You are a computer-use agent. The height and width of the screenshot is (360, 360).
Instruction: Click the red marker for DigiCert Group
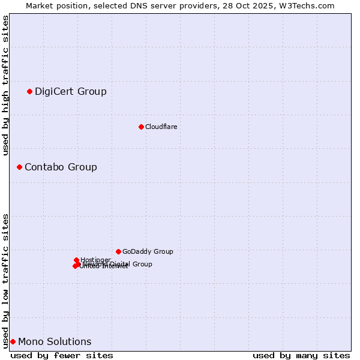[x=29, y=91]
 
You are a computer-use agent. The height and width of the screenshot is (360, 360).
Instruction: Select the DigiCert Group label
[x=70, y=92]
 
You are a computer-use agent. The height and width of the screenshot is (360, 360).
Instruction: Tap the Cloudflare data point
[x=141, y=127]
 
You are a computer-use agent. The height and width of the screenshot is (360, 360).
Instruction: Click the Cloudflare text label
[x=161, y=127]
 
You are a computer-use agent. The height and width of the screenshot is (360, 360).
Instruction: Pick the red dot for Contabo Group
[x=19, y=167]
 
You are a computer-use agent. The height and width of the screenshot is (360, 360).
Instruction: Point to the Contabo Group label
[x=61, y=167]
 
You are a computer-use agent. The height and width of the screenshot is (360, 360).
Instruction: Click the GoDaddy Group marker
[x=118, y=251]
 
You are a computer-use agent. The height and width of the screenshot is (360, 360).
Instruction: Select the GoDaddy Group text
[x=148, y=252]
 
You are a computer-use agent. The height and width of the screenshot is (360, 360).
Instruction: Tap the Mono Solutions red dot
[x=13, y=341]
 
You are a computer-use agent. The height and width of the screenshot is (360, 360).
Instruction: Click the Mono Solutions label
[x=55, y=342]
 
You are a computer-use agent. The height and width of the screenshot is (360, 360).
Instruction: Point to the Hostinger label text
[x=95, y=260]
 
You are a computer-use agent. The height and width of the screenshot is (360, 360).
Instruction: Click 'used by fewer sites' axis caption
[x=62, y=355]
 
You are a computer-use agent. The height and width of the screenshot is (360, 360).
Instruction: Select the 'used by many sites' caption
[x=301, y=355]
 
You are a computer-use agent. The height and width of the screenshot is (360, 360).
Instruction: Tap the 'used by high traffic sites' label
[x=5, y=85]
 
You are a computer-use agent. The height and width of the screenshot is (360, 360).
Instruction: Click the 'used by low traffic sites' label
[x=5, y=280]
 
